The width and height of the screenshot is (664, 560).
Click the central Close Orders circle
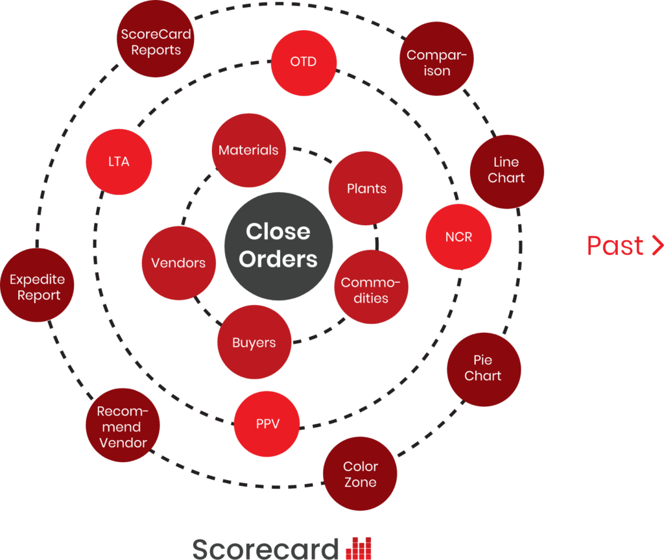(x=278, y=245)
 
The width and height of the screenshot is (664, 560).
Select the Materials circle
(x=248, y=150)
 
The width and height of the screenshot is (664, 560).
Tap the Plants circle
(x=366, y=189)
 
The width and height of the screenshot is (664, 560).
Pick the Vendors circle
(x=178, y=263)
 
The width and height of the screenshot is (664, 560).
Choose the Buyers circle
(x=254, y=343)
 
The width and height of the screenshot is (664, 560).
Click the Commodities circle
(x=371, y=290)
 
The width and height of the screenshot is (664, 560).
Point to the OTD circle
(x=303, y=62)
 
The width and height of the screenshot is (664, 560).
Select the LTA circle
(x=119, y=162)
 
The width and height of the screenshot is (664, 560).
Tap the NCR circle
(x=458, y=237)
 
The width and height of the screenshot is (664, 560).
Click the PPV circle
(x=267, y=424)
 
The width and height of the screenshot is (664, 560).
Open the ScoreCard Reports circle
(x=156, y=42)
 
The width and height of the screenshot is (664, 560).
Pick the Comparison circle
(x=436, y=63)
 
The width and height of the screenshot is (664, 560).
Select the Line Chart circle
(x=506, y=170)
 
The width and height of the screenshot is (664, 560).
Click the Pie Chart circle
(x=483, y=368)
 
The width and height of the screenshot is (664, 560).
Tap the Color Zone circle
(x=360, y=474)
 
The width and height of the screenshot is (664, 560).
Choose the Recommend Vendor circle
(x=123, y=427)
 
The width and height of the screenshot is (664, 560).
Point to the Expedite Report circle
(x=38, y=287)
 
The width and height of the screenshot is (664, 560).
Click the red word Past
(x=615, y=246)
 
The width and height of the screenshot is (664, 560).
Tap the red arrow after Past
(x=656, y=246)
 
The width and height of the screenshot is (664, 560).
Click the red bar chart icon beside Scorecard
(x=359, y=548)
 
